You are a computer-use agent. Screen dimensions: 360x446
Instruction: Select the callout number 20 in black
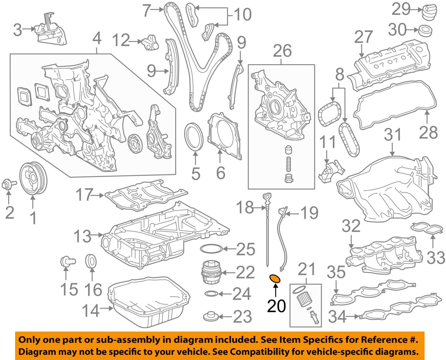click(276, 306)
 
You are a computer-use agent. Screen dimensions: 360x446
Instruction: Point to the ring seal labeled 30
click(425, 30)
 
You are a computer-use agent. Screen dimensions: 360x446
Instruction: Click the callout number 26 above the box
click(282, 51)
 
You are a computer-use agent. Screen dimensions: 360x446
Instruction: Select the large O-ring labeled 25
click(211, 249)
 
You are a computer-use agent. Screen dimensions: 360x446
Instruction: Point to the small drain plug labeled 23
click(210, 317)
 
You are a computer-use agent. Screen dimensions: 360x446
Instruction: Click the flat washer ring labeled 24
click(211, 294)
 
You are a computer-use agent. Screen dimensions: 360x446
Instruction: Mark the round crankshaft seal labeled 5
click(194, 136)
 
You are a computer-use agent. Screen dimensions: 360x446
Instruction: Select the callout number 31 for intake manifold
click(392, 135)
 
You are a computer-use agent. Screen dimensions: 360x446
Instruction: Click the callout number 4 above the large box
click(97, 39)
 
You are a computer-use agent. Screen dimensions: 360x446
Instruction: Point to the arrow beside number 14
click(107, 309)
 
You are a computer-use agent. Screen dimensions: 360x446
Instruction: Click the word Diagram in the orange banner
click(33, 352)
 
